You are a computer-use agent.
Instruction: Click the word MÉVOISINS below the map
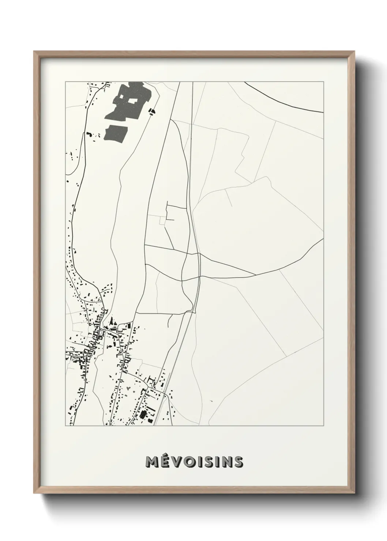tap(194, 462)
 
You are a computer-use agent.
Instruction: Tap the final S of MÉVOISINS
tap(238, 462)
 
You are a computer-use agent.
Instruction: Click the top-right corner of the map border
tap(324, 82)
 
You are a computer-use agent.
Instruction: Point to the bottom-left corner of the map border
tap(65, 426)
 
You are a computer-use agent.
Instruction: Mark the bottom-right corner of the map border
tap(324, 426)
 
